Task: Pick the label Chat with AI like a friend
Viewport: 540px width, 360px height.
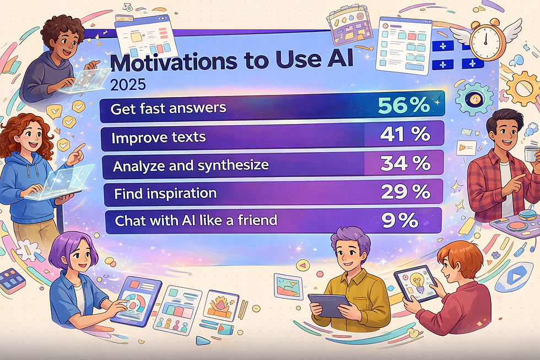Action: pyautogui.click(x=196, y=221)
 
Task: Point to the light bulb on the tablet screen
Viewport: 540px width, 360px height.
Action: pyautogui.click(x=415, y=282)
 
